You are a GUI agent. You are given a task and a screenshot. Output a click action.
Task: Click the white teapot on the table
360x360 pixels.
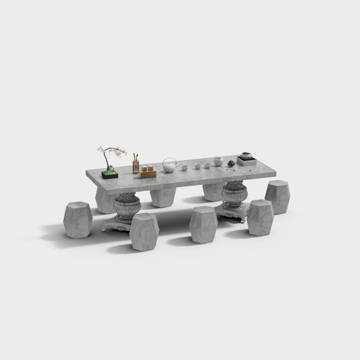[169, 167]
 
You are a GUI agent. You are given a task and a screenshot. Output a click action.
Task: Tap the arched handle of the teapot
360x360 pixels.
[169, 160]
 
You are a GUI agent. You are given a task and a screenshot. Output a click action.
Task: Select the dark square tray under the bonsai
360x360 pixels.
[109, 174]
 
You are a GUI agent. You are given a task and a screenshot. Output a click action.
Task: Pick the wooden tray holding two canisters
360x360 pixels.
[148, 172]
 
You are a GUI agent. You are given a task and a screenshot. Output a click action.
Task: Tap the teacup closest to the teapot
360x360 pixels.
[184, 168]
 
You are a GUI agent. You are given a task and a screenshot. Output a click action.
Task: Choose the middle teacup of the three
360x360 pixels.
[197, 166]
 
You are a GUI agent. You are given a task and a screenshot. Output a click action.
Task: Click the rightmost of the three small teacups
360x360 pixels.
[207, 165]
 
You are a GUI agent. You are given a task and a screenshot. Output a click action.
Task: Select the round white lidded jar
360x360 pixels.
[219, 161]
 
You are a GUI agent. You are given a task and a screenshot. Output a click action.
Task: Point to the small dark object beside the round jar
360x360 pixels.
[231, 163]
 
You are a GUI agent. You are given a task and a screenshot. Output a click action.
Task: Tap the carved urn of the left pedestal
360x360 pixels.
[127, 206]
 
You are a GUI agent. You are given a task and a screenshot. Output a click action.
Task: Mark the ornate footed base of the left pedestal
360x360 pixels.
[121, 223]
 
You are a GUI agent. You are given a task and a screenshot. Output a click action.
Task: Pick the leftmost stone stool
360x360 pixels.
[78, 219]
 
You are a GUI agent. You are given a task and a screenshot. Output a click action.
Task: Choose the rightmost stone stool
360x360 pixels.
[278, 196]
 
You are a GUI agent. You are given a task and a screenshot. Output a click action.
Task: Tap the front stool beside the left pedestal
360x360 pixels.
[144, 231]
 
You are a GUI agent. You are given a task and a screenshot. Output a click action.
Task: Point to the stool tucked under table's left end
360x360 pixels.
[105, 199]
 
